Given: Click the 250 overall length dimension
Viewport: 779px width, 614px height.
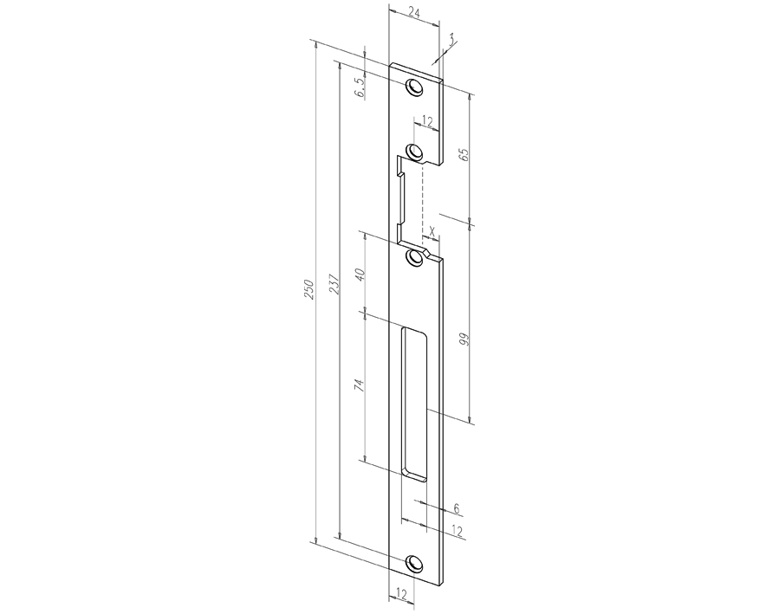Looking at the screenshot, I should pos(308,290).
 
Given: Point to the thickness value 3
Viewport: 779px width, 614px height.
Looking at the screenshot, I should pos(452,38).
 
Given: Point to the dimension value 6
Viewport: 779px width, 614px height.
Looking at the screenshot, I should pos(456,510).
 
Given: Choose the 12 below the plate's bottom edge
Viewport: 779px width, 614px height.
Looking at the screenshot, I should pos(400,593).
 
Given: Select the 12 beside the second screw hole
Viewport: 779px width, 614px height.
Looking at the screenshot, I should pos(426,122).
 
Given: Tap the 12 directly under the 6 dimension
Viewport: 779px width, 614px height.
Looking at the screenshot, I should pos(456,530).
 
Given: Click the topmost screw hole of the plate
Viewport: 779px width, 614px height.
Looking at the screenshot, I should pos(414,88).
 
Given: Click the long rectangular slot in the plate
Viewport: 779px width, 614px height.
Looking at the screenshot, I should pos(414,404).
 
